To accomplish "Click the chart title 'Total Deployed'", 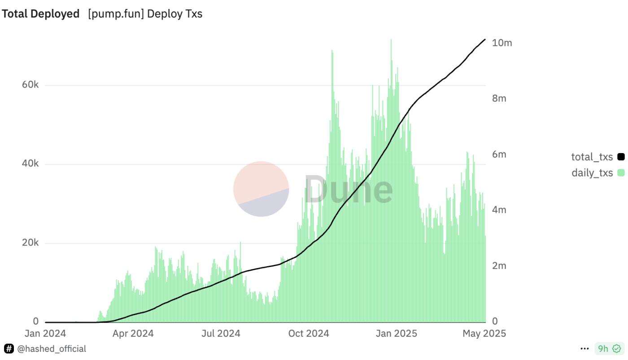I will click(x=41, y=14).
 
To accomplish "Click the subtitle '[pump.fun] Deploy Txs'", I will click(x=145, y=14).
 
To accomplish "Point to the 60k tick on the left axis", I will click(x=30, y=85).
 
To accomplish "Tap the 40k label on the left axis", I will click(x=30, y=164).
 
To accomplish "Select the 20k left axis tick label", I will click(x=30, y=243).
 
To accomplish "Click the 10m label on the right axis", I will click(x=502, y=43).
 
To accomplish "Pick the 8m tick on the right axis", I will click(x=499, y=99).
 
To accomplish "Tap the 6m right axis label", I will click(x=499, y=154).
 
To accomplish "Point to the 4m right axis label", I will click(x=499, y=210).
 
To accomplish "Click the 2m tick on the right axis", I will click(x=499, y=266).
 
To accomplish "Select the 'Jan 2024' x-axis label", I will click(x=45, y=334).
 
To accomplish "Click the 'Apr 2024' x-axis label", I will click(x=133, y=334).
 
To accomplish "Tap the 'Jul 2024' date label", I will click(x=220, y=334).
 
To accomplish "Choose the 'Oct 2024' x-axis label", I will click(x=309, y=334).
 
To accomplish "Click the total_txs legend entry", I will click(x=592, y=157).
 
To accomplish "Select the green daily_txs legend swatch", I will click(x=621, y=173).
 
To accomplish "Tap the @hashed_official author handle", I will click(x=52, y=349).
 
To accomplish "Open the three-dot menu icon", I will click(x=584, y=349).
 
